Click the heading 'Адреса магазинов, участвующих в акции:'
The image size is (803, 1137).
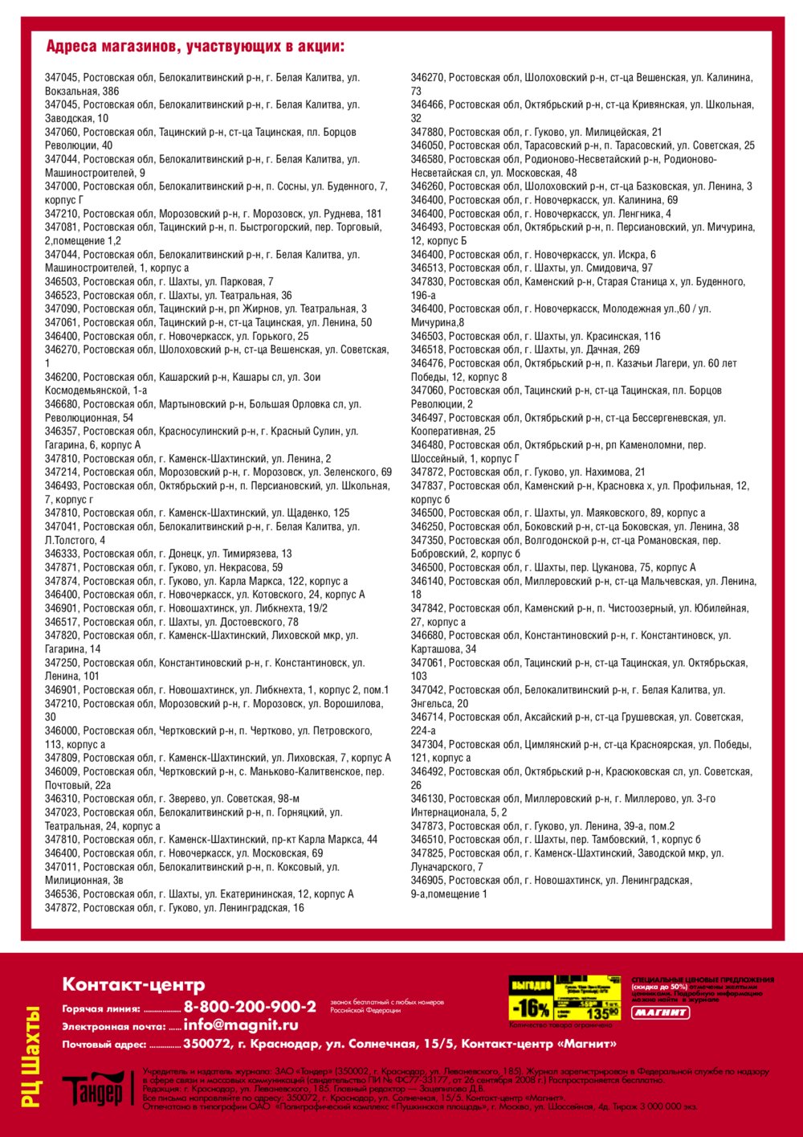pos(195,47)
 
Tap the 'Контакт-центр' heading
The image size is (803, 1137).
pos(133,984)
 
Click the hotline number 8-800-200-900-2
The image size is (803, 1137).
pos(250,1007)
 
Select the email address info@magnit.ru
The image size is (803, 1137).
pos(241,1025)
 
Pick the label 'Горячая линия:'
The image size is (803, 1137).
pos(101,1009)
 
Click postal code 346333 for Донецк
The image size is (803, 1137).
pos(62,554)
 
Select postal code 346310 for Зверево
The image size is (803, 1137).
pos(62,799)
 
